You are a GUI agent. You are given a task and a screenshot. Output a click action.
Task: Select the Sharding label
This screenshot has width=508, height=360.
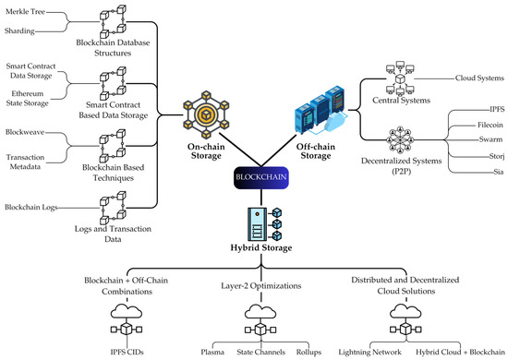[x=20, y=30]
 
